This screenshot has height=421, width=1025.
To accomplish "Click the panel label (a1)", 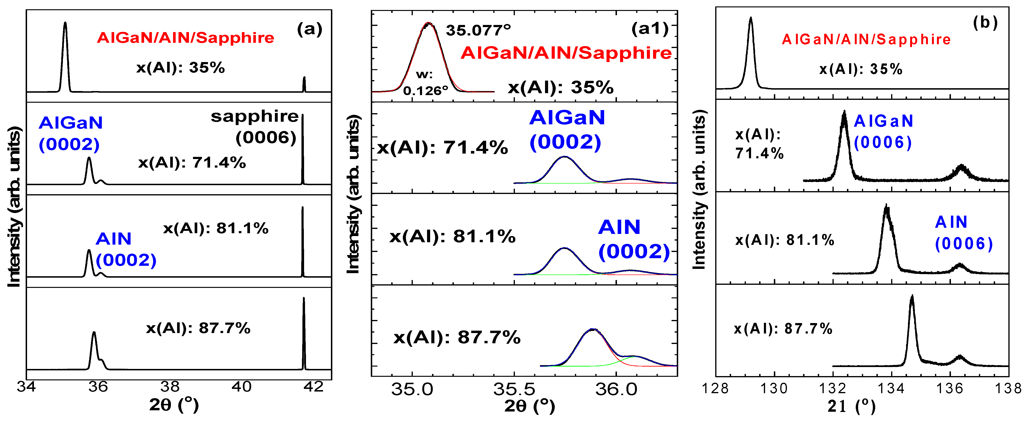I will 650,29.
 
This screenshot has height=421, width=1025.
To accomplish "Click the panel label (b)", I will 985,23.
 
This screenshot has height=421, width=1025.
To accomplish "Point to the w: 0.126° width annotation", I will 425,83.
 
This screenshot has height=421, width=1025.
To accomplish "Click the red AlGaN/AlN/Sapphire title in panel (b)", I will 866,39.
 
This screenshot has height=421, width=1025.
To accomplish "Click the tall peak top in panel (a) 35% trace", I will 65,23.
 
